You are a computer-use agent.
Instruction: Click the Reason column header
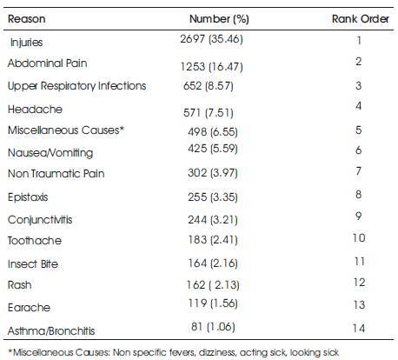[x=27, y=19]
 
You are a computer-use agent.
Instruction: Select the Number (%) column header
[x=219, y=19]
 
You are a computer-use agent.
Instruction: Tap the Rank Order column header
[x=361, y=19]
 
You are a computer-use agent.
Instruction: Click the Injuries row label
[x=27, y=43]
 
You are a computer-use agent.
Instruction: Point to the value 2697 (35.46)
[x=211, y=39]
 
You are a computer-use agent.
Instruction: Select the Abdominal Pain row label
[x=48, y=63]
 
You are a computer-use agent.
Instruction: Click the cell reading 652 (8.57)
[x=209, y=86]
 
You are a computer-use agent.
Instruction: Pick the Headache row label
[x=35, y=110]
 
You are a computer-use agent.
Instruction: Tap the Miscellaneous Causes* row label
[x=66, y=130]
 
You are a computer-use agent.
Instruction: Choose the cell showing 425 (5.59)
[x=213, y=149]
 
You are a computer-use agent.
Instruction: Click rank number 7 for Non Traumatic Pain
[x=359, y=171]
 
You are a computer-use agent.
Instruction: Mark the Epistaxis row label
[x=28, y=197]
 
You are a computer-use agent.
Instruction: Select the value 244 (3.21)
[x=213, y=220]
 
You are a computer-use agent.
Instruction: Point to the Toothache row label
[x=35, y=241]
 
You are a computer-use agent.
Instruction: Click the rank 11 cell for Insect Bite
[x=359, y=262]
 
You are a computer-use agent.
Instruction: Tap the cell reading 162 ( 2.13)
[x=213, y=285]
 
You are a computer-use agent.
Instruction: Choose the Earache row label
[x=29, y=308]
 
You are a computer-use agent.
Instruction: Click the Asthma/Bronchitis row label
[x=51, y=330]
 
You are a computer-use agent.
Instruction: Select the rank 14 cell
[x=359, y=328]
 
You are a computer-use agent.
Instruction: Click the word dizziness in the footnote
[x=217, y=352]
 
